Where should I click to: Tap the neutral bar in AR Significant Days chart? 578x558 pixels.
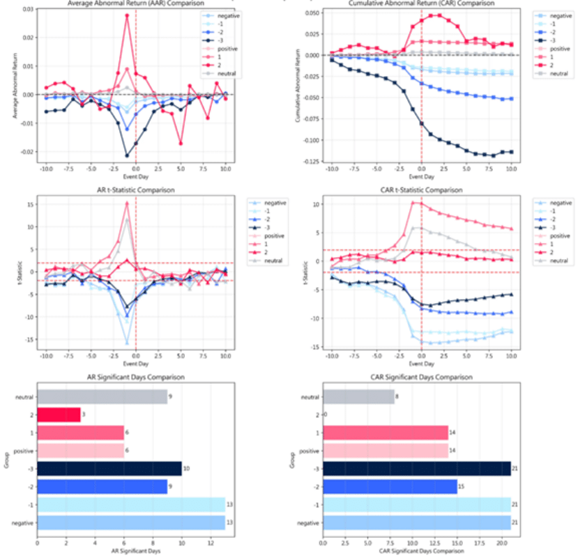click(102, 397)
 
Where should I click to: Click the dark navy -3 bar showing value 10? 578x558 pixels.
click(109, 470)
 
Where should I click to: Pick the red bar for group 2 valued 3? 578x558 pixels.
click(59, 415)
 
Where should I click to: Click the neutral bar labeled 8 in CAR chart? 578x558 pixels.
click(358, 397)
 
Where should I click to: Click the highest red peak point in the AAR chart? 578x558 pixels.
click(128, 15)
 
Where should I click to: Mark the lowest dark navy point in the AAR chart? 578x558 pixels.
click(128, 155)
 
